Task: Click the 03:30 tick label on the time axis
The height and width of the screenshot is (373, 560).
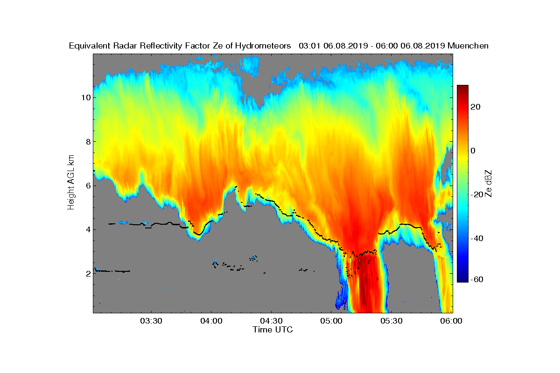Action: [x=151, y=321]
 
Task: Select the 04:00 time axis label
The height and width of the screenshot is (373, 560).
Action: [x=211, y=321]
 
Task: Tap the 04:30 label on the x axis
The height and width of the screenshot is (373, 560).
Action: [x=271, y=321]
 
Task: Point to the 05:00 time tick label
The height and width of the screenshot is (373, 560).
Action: [x=331, y=321]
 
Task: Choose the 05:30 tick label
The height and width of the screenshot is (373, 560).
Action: [x=392, y=321]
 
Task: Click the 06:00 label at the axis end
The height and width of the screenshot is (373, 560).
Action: [x=451, y=321]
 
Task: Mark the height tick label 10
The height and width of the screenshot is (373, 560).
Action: [x=86, y=97]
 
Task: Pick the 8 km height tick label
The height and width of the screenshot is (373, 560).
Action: [x=88, y=142]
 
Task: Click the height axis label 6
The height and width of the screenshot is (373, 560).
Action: [x=88, y=186]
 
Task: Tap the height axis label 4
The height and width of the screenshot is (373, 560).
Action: [x=88, y=229]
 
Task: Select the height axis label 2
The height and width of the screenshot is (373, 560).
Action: [x=88, y=274]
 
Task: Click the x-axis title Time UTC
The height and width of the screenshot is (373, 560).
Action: [x=273, y=330]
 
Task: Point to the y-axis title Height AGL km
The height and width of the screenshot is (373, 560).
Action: [x=71, y=182]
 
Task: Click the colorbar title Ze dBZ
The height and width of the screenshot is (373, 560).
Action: [x=488, y=184]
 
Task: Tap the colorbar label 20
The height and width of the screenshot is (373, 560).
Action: [x=475, y=107]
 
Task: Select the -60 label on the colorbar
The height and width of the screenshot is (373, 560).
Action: [x=477, y=279]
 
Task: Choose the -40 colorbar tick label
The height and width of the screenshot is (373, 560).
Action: [x=477, y=238]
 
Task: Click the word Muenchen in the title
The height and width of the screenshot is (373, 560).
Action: [x=468, y=46]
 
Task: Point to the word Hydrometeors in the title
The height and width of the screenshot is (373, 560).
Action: [x=263, y=46]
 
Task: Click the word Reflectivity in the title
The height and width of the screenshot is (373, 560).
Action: [x=161, y=46]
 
